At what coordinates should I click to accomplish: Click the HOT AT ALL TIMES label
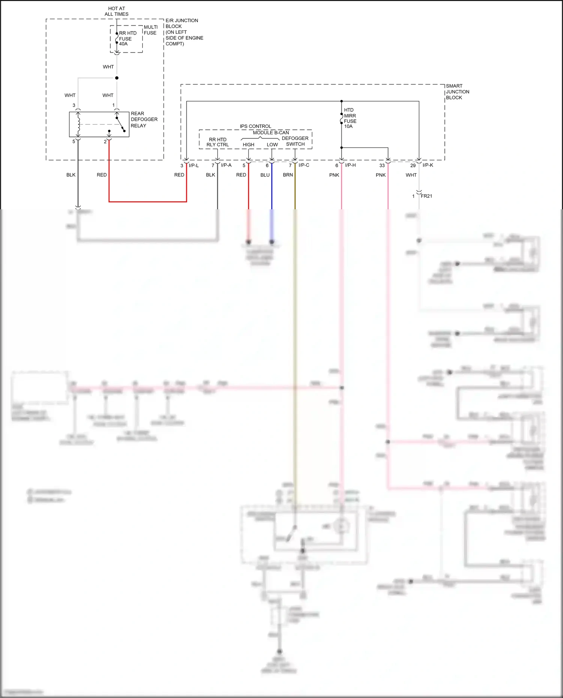click(116, 11)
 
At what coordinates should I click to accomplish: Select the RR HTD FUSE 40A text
click(127, 39)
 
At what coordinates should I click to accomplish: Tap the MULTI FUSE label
click(151, 30)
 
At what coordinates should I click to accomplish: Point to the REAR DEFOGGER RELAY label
click(144, 119)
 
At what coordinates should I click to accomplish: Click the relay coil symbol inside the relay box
click(78, 124)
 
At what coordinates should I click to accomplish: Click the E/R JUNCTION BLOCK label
click(184, 32)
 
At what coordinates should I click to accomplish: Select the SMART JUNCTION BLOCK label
click(457, 92)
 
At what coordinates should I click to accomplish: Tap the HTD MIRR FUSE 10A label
click(350, 118)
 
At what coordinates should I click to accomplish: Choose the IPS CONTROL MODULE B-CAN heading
click(265, 129)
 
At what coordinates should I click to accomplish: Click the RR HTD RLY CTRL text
click(218, 142)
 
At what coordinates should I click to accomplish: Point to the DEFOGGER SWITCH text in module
click(295, 141)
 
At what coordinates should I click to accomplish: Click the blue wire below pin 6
click(272, 188)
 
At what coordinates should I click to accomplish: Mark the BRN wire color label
click(288, 175)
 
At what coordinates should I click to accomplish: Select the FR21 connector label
click(426, 196)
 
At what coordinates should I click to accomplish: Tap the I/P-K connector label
click(428, 165)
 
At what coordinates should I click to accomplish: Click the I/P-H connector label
click(350, 165)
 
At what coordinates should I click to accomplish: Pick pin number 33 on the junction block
click(382, 165)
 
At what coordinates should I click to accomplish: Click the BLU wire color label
click(265, 175)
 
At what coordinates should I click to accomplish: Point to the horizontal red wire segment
click(148, 202)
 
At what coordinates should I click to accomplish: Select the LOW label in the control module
click(272, 144)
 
